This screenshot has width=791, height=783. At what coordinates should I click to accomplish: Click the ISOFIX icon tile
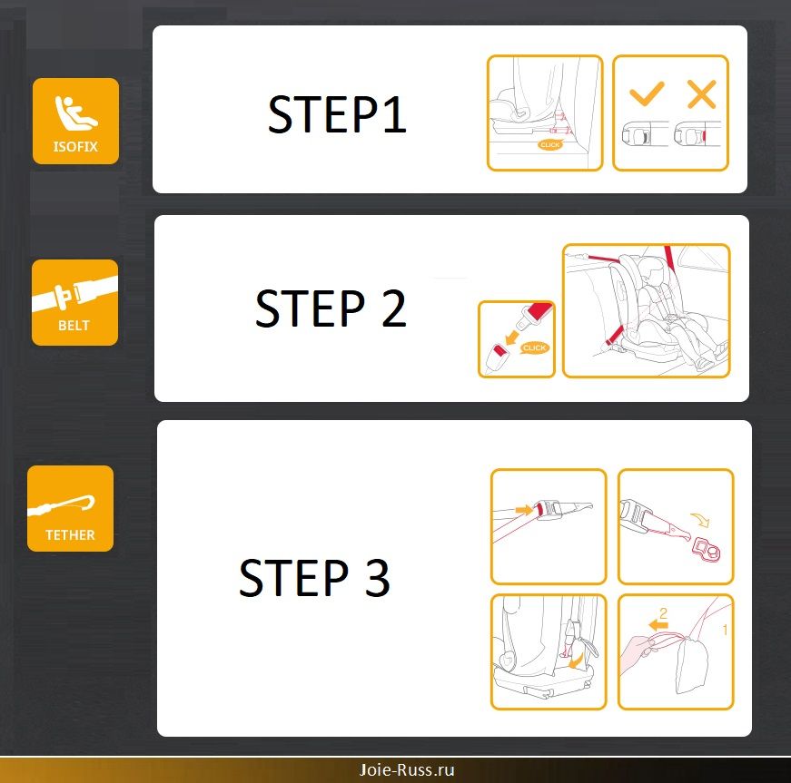point(75,121)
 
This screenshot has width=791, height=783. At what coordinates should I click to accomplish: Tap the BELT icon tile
point(74,302)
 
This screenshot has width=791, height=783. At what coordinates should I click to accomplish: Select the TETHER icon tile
point(70,508)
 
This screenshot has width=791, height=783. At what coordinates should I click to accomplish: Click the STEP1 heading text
point(337,114)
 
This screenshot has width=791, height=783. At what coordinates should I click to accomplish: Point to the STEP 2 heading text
point(331,308)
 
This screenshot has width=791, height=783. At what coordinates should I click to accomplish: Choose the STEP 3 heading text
point(314,577)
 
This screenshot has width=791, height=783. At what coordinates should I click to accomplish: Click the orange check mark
point(647,93)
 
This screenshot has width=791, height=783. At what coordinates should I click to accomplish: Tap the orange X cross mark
point(702,94)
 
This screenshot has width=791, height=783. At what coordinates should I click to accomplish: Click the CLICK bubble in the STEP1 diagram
point(549,144)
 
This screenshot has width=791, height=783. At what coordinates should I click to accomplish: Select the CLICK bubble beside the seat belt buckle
point(535,347)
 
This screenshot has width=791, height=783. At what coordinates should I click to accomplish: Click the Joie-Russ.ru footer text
point(407,769)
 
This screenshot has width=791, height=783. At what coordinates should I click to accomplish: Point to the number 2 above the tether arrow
point(663,612)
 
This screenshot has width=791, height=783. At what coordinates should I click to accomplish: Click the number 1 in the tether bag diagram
point(725,630)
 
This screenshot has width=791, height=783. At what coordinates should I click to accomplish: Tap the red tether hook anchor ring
point(707,549)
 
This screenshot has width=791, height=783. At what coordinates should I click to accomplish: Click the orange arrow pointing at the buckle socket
point(512,337)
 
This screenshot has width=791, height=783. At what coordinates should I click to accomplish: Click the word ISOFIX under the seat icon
point(75,147)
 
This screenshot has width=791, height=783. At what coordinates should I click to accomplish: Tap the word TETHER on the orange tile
point(70,534)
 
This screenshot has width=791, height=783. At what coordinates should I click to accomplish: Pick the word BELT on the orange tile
point(74,326)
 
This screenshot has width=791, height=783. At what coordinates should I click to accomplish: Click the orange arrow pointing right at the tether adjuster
point(524,510)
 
